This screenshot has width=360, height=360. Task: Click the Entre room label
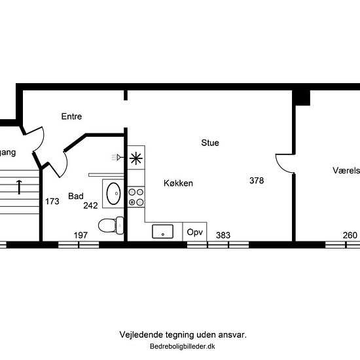[71, 117]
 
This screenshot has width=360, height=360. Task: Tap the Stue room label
[210, 143]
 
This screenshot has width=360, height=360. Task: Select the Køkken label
[178, 184]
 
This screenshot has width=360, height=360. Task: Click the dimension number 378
[257, 181]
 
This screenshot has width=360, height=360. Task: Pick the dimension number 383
[223, 235]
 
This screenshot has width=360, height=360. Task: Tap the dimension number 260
[350, 235]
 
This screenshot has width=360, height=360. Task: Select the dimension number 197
[81, 235]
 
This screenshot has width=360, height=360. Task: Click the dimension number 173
[52, 202]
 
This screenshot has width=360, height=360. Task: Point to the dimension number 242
[90, 206]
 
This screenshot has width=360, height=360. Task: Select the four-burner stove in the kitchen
[136, 197]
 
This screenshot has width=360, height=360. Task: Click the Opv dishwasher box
[195, 232]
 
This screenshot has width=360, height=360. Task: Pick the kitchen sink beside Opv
[162, 231]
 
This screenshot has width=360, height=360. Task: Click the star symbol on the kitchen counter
[136, 157]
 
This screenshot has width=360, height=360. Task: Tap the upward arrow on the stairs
[20, 187]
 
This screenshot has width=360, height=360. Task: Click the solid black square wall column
[301, 96]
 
